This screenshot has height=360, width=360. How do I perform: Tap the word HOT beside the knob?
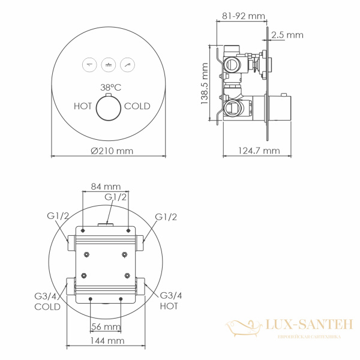click(83, 106)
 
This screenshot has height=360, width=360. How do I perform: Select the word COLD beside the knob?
click(137, 106)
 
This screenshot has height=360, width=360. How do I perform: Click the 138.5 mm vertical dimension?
click(206, 84)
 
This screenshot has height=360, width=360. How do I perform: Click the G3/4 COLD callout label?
click(47, 301)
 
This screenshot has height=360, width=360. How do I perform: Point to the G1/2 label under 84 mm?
click(115, 197)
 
